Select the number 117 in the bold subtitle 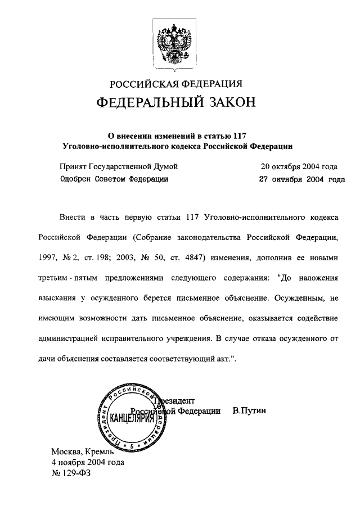239,134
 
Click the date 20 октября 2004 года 299,167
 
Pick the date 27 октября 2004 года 301,180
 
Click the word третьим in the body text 55,277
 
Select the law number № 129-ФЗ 71,473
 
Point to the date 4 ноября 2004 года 88,462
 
